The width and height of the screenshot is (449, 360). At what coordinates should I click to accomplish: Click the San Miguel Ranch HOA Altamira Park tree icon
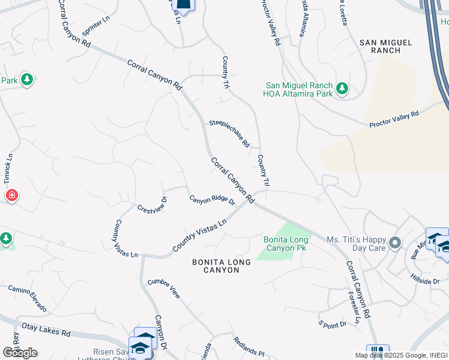[342, 89]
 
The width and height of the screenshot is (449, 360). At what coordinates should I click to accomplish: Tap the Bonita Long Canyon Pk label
[286, 244]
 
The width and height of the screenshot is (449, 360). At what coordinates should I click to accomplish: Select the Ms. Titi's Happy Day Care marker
[394, 243]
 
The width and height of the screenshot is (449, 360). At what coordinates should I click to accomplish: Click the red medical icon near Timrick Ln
[11, 196]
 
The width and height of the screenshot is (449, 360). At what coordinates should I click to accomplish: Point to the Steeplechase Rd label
[229, 133]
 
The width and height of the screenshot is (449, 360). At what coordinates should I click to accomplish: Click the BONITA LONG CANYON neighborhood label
[215, 266]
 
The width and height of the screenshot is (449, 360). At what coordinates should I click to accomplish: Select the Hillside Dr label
[427, 281]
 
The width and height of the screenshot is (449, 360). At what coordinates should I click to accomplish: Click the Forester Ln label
[354, 308]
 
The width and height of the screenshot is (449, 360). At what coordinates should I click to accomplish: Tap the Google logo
[20, 352]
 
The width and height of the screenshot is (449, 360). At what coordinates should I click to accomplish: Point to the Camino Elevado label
[27, 298]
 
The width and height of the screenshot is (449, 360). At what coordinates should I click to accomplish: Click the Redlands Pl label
[249, 345]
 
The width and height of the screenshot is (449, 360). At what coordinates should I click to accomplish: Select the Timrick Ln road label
[8, 167]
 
